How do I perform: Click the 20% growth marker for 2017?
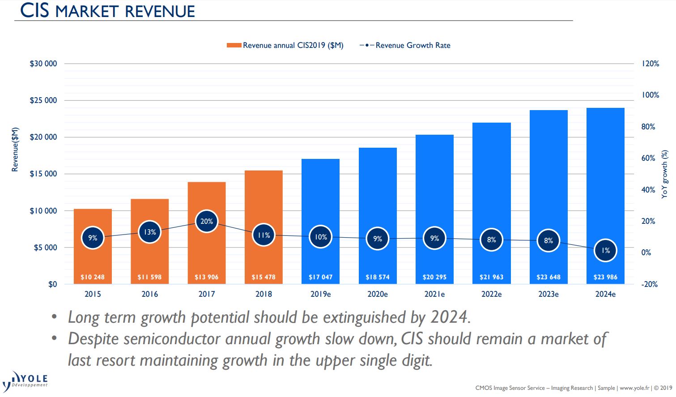click(207, 221)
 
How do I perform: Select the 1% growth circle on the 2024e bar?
click(605, 250)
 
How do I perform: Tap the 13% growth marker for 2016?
click(149, 232)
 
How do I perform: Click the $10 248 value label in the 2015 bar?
click(93, 277)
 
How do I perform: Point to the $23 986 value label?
click(605, 277)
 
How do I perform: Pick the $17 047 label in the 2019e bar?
click(320, 277)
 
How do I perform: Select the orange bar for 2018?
click(264, 201)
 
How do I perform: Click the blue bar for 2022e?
click(491, 179)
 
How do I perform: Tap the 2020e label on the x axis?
click(378, 294)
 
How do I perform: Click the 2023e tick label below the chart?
click(548, 294)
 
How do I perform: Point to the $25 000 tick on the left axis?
click(43, 100)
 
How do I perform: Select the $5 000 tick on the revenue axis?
click(46, 248)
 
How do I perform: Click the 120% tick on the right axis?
click(650, 64)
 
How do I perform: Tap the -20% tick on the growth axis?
click(649, 284)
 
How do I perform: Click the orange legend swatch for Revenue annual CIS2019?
click(234, 45)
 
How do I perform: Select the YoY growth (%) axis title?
click(664, 174)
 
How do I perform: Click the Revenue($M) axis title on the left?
click(15, 149)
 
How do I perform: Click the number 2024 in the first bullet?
click(449, 317)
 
